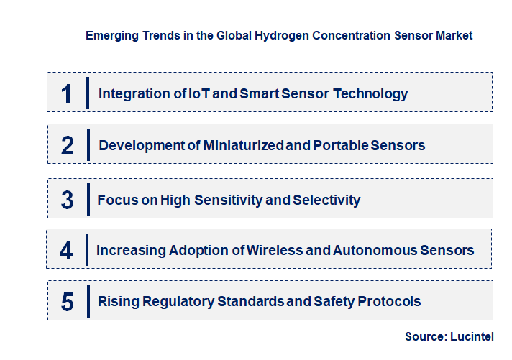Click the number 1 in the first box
click(x=67, y=93)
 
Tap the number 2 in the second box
click(x=67, y=145)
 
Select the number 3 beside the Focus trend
click(x=67, y=200)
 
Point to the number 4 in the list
click(x=67, y=251)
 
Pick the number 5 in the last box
click(x=67, y=302)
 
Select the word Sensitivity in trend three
click(x=224, y=200)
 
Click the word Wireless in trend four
click(x=277, y=251)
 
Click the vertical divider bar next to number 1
click(x=87, y=93)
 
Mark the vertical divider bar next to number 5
click(x=87, y=302)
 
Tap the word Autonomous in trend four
click(x=373, y=251)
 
